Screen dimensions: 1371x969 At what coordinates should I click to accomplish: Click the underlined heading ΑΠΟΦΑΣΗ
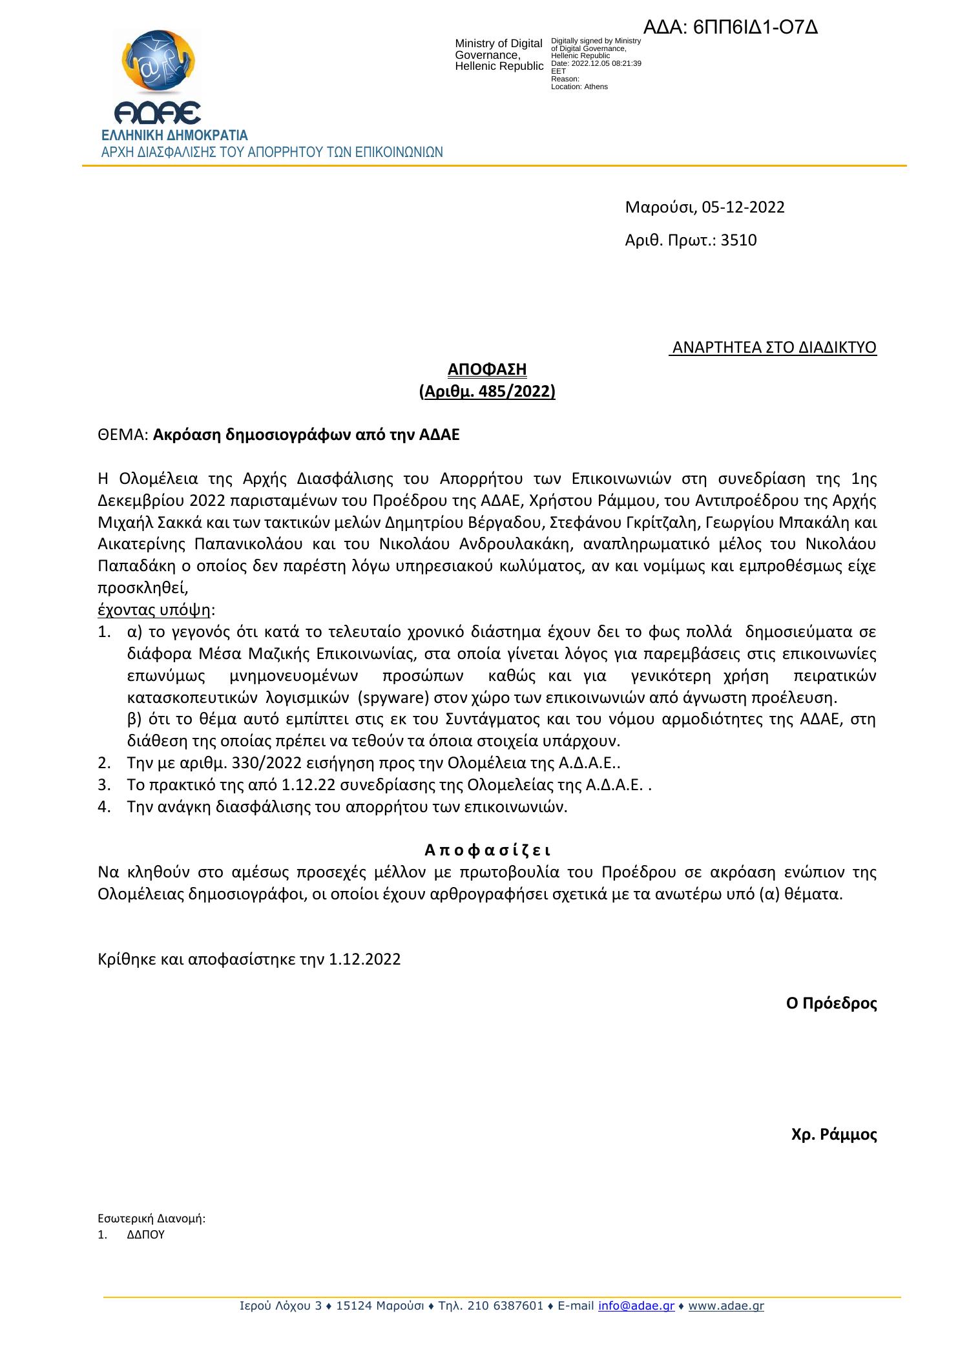[x=487, y=370]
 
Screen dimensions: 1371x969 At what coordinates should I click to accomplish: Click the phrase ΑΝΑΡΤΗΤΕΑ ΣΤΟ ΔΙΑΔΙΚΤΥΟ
[x=773, y=348]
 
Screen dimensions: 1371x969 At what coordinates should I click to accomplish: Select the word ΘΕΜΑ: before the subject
[x=123, y=434]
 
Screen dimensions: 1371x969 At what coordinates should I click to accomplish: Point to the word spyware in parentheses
[x=388, y=698]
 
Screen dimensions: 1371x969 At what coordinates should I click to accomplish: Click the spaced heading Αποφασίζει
[x=487, y=850]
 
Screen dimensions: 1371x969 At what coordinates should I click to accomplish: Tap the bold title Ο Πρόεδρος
[x=831, y=1003]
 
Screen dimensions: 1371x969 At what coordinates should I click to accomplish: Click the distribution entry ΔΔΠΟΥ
[x=145, y=1233]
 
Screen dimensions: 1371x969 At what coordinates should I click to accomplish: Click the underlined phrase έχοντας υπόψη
[x=154, y=610]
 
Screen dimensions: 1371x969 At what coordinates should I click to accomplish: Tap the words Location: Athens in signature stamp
[x=579, y=87]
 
